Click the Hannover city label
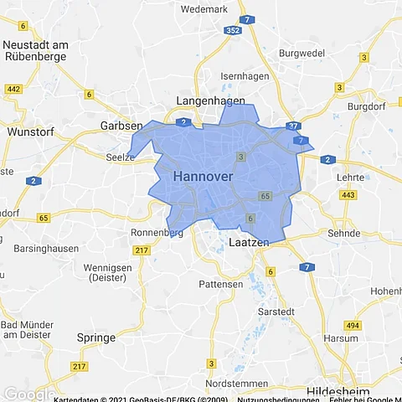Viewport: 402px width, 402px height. pos(203,178)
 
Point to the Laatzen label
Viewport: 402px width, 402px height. pos(249,242)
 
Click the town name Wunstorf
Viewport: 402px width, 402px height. pos(29,131)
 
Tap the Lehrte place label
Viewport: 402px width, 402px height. pos(349,178)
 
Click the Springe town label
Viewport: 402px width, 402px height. pos(95,338)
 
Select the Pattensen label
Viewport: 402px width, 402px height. pos(220,285)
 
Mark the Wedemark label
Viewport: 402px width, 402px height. pos(204,9)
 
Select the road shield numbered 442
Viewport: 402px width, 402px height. pos(13,88)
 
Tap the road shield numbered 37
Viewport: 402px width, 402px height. pos(291,126)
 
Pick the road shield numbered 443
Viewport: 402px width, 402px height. pos(348,195)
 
